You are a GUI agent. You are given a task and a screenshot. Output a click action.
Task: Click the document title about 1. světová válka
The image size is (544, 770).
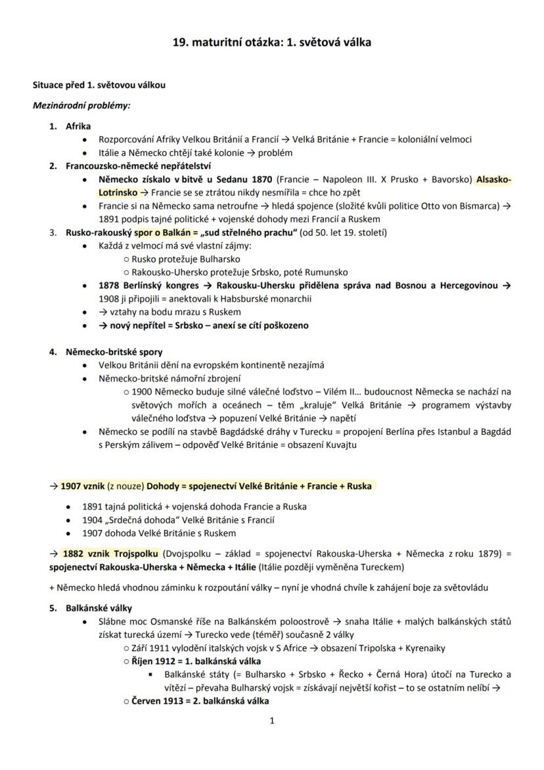tap(272, 42)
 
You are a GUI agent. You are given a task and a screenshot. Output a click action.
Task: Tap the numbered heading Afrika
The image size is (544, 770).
tap(78, 126)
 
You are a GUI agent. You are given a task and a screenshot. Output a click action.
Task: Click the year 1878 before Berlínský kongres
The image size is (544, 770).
tap(110, 285)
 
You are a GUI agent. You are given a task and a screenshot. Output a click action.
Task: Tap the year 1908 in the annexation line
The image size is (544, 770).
tap(110, 299)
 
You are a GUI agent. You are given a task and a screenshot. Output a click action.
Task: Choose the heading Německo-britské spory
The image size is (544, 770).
tap(114, 352)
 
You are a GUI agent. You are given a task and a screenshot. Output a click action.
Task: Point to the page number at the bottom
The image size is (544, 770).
tap(272, 721)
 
